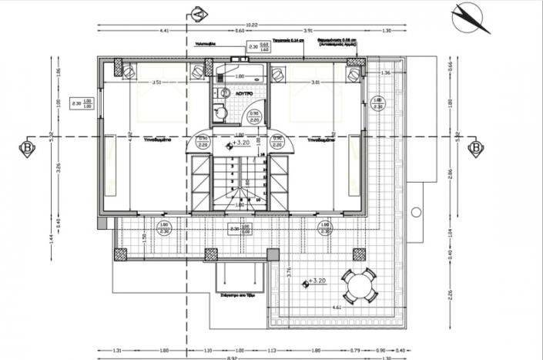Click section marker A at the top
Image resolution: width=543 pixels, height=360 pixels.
pyautogui.click(x=197, y=13)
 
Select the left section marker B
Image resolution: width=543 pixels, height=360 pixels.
pyautogui.click(x=27, y=146)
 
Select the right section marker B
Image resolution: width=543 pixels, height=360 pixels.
pyautogui.click(x=475, y=146)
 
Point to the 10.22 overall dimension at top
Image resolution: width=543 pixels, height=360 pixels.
pyautogui.click(x=252, y=25)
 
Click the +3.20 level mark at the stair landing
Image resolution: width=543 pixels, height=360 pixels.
pyautogui.click(x=239, y=143)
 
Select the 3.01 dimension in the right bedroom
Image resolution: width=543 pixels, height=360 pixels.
pyautogui.click(x=316, y=82)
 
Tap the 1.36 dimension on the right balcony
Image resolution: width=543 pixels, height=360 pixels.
pyautogui.click(x=386, y=72)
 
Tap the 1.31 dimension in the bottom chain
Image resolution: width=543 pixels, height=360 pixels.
pyautogui.click(x=116, y=348)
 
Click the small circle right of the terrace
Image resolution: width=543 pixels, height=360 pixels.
pyautogui.click(x=415, y=210)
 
